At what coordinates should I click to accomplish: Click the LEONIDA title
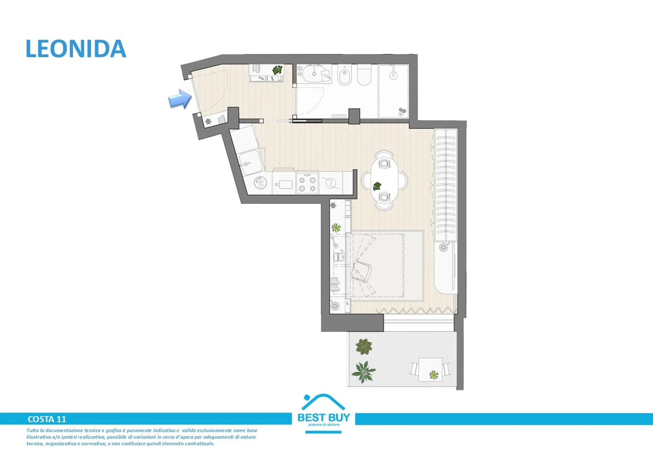click(x=76, y=49)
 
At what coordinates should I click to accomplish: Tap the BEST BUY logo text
click(x=324, y=417)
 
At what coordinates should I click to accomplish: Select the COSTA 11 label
click(x=47, y=419)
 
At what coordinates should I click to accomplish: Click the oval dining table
click(x=384, y=180)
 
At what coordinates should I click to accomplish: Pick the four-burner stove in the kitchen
click(x=307, y=183)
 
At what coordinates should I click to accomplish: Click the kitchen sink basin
click(x=250, y=162)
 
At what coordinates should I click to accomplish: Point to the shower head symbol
click(x=393, y=74)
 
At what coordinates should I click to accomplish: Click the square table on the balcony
click(x=430, y=369)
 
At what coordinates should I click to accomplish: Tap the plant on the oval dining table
click(x=377, y=186)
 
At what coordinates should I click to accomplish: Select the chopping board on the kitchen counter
click(x=284, y=184)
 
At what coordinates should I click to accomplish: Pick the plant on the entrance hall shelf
click(x=277, y=70)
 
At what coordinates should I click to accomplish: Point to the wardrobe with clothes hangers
click(x=445, y=185)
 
